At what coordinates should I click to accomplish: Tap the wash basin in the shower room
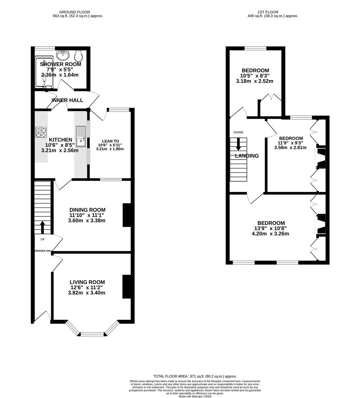(63, 56)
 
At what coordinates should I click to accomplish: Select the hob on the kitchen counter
(41, 132)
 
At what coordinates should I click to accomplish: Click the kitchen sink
(80, 136)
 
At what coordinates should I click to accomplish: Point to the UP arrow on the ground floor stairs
(42, 227)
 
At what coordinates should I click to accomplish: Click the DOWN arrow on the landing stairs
(238, 144)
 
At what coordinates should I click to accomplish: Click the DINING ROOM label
(87, 210)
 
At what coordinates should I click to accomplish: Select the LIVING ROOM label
(87, 282)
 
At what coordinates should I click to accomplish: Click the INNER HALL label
(67, 100)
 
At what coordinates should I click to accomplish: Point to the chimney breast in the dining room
(126, 215)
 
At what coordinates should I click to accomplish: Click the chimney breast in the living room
(126, 286)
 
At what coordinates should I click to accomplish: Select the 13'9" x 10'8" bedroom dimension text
(271, 228)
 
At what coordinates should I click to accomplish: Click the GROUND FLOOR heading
(78, 12)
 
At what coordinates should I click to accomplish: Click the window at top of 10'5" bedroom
(255, 48)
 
